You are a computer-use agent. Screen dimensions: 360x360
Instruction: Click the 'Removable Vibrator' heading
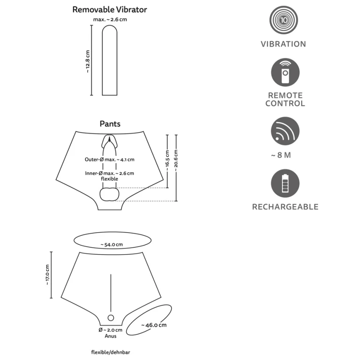coord(110,9)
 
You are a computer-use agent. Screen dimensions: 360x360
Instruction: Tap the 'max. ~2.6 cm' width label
coord(110,19)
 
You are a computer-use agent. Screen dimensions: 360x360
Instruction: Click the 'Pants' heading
coord(110,124)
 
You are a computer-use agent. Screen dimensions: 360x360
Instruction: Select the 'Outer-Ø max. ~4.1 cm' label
coord(109,160)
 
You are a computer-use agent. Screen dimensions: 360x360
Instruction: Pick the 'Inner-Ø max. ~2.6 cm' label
coord(109,173)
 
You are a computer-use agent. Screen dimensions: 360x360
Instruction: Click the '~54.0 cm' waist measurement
coord(112,244)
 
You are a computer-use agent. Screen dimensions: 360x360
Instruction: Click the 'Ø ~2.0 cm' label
coord(110,330)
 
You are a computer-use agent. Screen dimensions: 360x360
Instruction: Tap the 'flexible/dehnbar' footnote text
coord(108,352)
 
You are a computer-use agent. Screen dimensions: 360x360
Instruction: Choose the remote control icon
coord(285,73)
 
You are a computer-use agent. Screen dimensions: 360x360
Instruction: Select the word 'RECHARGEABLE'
coord(285,207)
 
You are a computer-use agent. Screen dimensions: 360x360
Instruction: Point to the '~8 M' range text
coord(281,155)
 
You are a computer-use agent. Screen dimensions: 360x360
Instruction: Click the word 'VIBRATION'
coord(283,44)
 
